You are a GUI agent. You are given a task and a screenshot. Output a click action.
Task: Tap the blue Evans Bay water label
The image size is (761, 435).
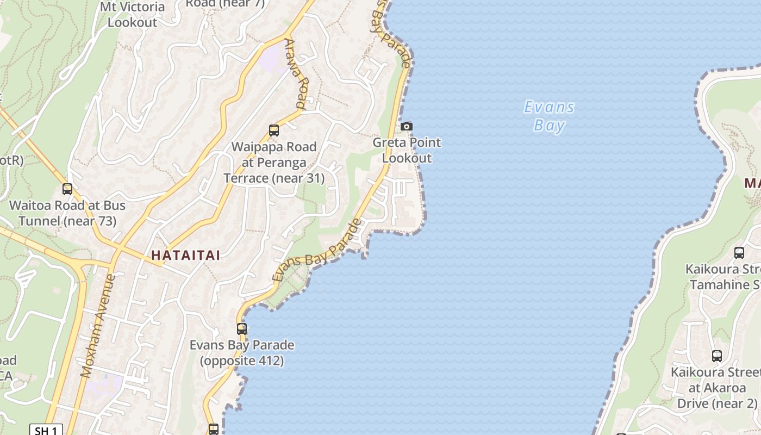549,116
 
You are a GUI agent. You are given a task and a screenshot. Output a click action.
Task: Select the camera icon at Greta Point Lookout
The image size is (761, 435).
406,126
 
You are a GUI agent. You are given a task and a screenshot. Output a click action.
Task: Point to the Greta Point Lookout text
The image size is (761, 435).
407,150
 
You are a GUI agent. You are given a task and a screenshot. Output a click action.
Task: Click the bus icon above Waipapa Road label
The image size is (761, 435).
274,130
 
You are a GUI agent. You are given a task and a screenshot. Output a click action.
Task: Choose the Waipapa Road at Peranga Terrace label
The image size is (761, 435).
274,162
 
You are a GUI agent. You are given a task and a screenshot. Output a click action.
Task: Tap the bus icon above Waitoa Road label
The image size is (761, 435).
67,189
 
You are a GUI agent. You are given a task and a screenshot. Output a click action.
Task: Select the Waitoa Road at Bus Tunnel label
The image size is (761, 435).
67,213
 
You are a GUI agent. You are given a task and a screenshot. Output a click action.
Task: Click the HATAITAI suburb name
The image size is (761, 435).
185,256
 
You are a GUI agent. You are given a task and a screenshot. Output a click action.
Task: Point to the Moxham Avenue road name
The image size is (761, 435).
98,326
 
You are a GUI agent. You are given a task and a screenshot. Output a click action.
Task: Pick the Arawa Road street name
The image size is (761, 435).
297,73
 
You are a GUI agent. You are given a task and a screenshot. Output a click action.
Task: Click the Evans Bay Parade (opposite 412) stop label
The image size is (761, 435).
242,352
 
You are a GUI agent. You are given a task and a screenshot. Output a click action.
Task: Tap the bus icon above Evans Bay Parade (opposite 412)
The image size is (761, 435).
242,329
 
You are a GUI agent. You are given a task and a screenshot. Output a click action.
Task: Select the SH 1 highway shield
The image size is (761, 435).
46,430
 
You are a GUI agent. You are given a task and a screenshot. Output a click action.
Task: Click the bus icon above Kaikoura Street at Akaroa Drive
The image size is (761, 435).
717,356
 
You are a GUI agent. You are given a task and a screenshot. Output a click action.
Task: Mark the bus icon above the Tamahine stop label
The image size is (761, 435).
739,252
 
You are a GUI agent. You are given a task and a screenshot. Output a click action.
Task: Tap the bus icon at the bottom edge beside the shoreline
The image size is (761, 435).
214,429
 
